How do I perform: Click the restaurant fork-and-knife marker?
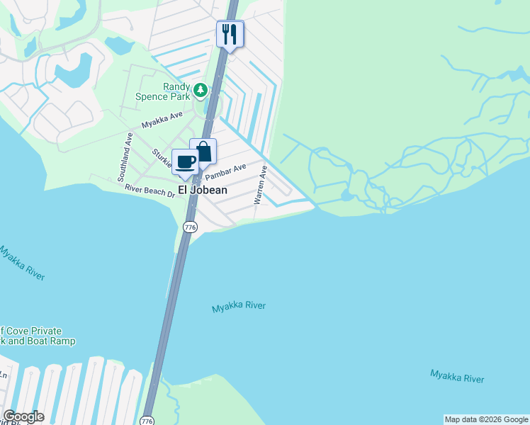230,34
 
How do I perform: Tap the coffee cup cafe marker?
186,162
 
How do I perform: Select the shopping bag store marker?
203,152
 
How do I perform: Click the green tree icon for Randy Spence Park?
201,90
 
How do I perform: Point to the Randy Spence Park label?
167,91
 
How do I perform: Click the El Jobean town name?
202,191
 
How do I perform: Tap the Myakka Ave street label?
162,120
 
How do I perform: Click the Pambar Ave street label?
225,171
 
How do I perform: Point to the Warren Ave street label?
261,185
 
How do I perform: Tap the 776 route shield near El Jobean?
189,227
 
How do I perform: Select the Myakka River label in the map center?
239,307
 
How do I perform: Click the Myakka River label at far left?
22,263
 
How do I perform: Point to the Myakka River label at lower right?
457,375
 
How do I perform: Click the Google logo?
23,416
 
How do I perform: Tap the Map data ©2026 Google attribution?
486,419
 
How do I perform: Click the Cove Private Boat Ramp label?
31,336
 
